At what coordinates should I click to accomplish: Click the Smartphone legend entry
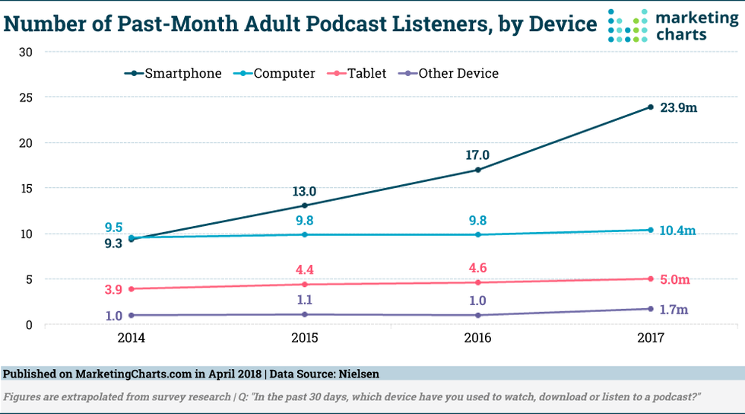pyautogui.click(x=174, y=74)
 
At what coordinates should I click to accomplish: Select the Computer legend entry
pyautogui.click(x=277, y=74)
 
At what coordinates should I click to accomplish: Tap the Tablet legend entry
pyautogui.click(x=361, y=74)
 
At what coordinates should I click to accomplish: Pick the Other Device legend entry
pyautogui.click(x=452, y=74)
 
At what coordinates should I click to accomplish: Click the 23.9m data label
pyautogui.click(x=678, y=108)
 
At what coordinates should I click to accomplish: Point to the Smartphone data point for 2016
pyautogui.click(x=477, y=170)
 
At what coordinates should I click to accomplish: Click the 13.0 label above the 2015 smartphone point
pyautogui.click(x=305, y=191)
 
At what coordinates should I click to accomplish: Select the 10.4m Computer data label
pyautogui.click(x=677, y=231)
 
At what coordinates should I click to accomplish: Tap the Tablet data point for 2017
pyautogui.click(x=650, y=279)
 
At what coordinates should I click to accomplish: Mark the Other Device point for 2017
pyautogui.click(x=650, y=309)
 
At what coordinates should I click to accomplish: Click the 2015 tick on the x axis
pyautogui.click(x=305, y=336)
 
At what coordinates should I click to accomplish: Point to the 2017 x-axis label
pyautogui.click(x=650, y=336)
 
